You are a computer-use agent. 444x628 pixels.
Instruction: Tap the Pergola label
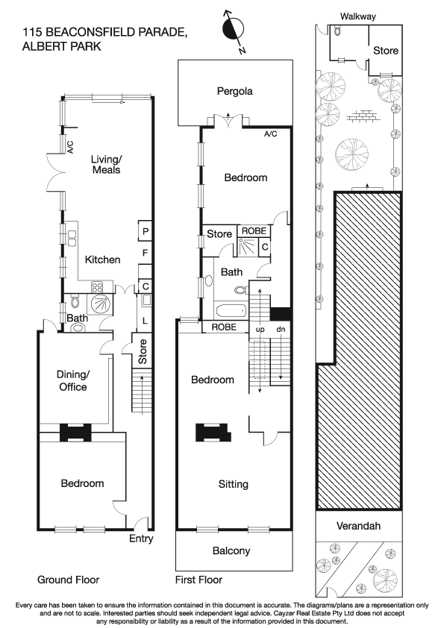click(235, 92)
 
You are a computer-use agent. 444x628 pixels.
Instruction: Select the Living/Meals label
click(105, 164)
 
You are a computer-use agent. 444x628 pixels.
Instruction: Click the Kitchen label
click(102, 260)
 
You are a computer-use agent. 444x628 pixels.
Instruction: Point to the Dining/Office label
click(73, 380)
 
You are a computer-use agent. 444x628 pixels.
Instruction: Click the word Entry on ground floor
click(140, 538)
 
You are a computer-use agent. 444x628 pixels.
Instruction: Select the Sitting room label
click(233, 484)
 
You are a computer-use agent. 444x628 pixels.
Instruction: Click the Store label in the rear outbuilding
click(385, 51)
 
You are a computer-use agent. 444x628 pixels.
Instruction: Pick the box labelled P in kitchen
click(146, 232)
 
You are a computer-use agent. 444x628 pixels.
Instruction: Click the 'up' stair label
click(260, 328)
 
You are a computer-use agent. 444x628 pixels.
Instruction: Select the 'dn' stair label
click(281, 328)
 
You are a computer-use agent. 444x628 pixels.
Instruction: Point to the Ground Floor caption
click(68, 580)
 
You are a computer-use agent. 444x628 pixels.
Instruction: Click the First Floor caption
click(198, 580)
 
